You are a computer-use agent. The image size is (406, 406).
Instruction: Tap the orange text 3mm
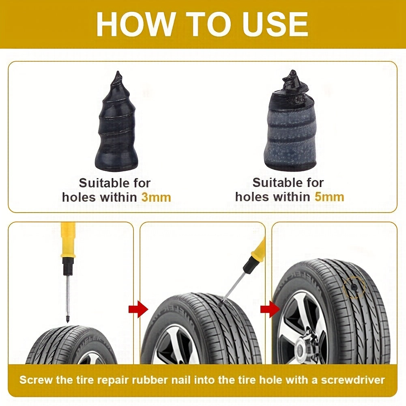point(156,198)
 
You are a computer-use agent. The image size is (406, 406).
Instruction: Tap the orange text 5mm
point(329,197)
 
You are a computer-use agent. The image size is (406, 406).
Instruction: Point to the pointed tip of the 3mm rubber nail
point(118,75)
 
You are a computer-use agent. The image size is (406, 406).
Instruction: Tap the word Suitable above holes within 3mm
point(115,183)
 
